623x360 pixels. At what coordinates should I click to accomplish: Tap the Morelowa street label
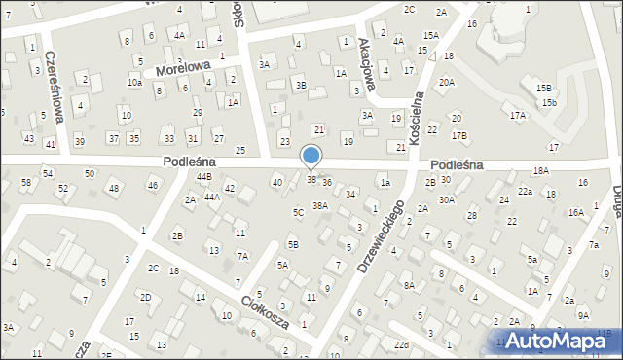click(184, 67)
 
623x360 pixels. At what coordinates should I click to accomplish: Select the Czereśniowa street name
click(55, 86)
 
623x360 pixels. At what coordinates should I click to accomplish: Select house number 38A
click(319, 205)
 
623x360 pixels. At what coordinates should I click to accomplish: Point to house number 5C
click(298, 212)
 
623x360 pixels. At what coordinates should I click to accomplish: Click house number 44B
click(203, 176)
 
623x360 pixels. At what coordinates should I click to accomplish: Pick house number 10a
click(134, 83)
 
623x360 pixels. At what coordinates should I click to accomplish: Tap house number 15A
click(430, 35)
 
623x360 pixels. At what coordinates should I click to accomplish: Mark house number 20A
click(446, 83)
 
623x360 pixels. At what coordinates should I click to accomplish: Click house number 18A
click(540, 170)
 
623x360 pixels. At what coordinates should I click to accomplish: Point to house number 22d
click(401, 344)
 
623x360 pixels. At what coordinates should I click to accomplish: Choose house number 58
click(25, 182)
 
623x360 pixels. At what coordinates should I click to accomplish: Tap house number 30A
click(446, 199)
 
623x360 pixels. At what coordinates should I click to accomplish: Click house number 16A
click(575, 212)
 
